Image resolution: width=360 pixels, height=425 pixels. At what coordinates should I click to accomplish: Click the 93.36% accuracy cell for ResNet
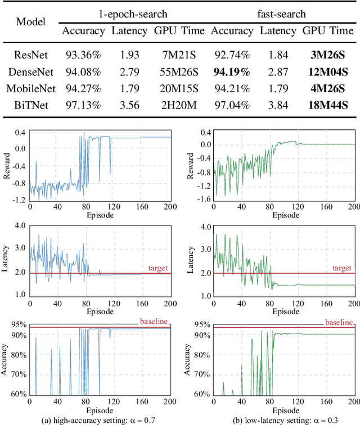pyautogui.click(x=83, y=55)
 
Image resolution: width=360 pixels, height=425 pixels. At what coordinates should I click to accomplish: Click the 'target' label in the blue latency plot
pyautogui.click(x=158, y=269)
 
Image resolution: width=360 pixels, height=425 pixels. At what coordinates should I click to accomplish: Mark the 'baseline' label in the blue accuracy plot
pyautogui.click(x=154, y=322)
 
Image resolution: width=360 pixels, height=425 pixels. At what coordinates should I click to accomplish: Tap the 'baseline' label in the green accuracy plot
pyautogui.click(x=340, y=322)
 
